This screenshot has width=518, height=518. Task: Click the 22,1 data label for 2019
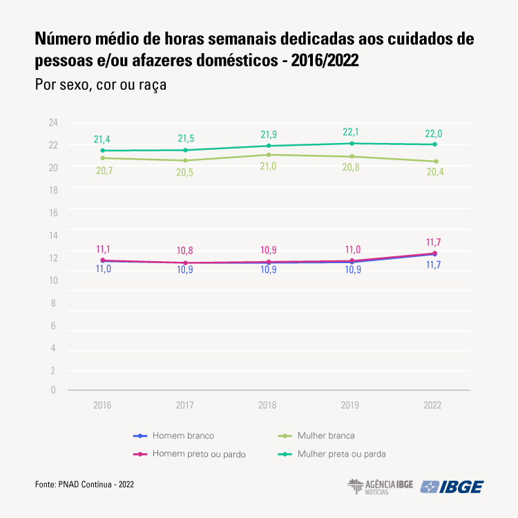[x=352, y=132]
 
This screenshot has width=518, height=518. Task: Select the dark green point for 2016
[x=103, y=151]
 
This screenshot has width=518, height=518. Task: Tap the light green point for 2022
[x=435, y=162]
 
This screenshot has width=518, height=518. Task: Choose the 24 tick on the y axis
[x=52, y=123]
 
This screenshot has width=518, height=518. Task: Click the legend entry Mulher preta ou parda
[x=341, y=454]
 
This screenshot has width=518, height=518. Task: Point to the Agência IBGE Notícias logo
[x=380, y=486]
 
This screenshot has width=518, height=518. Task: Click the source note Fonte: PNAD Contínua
[x=84, y=485]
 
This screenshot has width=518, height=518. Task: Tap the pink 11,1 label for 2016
[x=103, y=249]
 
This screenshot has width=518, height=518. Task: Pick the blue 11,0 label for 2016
[x=103, y=269]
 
